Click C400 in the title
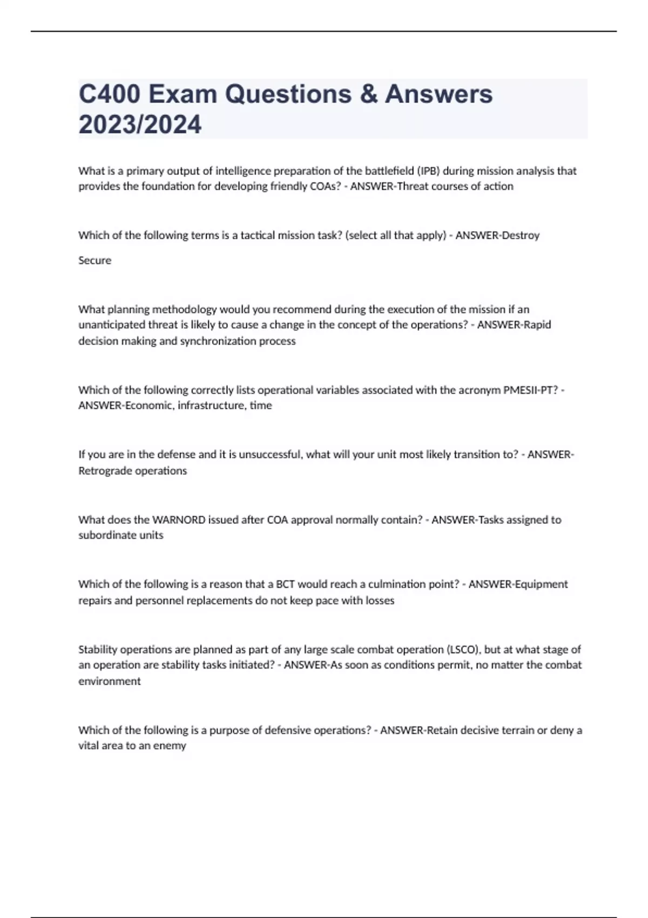point(110,94)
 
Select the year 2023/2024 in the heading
point(140,124)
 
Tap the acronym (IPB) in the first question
point(428,171)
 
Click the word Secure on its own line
point(94,260)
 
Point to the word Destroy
point(521,235)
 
